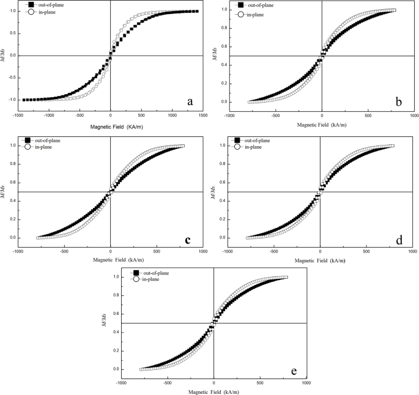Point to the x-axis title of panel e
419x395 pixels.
click(213, 391)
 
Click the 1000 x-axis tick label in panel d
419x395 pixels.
click(413, 251)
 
